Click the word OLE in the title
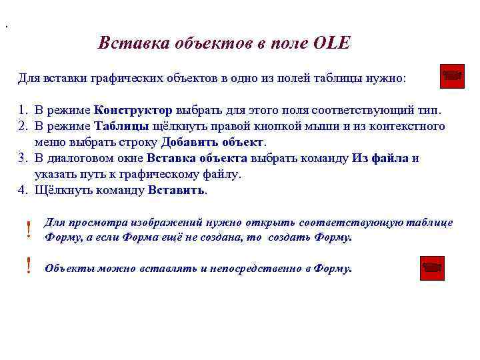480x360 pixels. [331, 43]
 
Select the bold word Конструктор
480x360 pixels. [133, 109]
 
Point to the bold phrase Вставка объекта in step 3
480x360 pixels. [197, 159]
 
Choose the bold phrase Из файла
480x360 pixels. [381, 159]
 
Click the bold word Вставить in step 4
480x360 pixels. [177, 191]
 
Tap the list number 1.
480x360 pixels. [22, 109]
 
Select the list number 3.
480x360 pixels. [22, 159]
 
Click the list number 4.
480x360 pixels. [22, 191]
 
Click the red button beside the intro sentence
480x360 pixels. [453, 76]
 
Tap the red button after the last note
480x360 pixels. [433, 268]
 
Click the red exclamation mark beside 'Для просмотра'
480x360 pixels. [28, 230]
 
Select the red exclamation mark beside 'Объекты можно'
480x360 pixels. [28, 266]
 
